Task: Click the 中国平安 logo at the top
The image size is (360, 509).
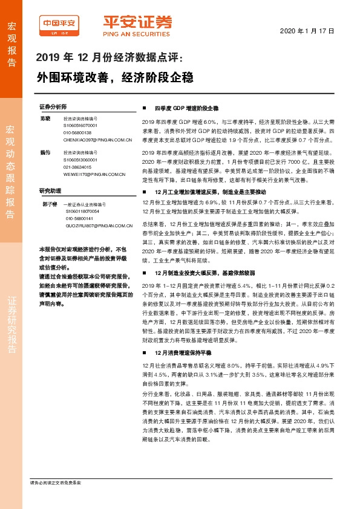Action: (x=61, y=24)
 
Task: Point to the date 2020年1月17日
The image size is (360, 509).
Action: (x=307, y=30)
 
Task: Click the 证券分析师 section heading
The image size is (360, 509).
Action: (x=52, y=105)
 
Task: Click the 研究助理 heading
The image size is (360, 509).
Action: (x=50, y=190)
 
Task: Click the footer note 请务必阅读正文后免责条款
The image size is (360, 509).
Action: (x=56, y=482)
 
